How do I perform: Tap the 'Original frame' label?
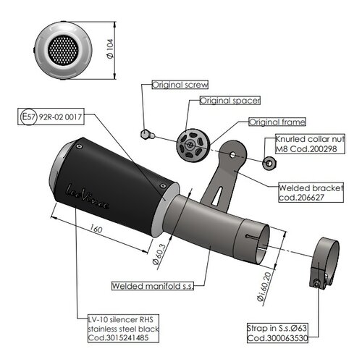click(x=277, y=122)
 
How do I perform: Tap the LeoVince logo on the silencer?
click(x=89, y=197)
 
